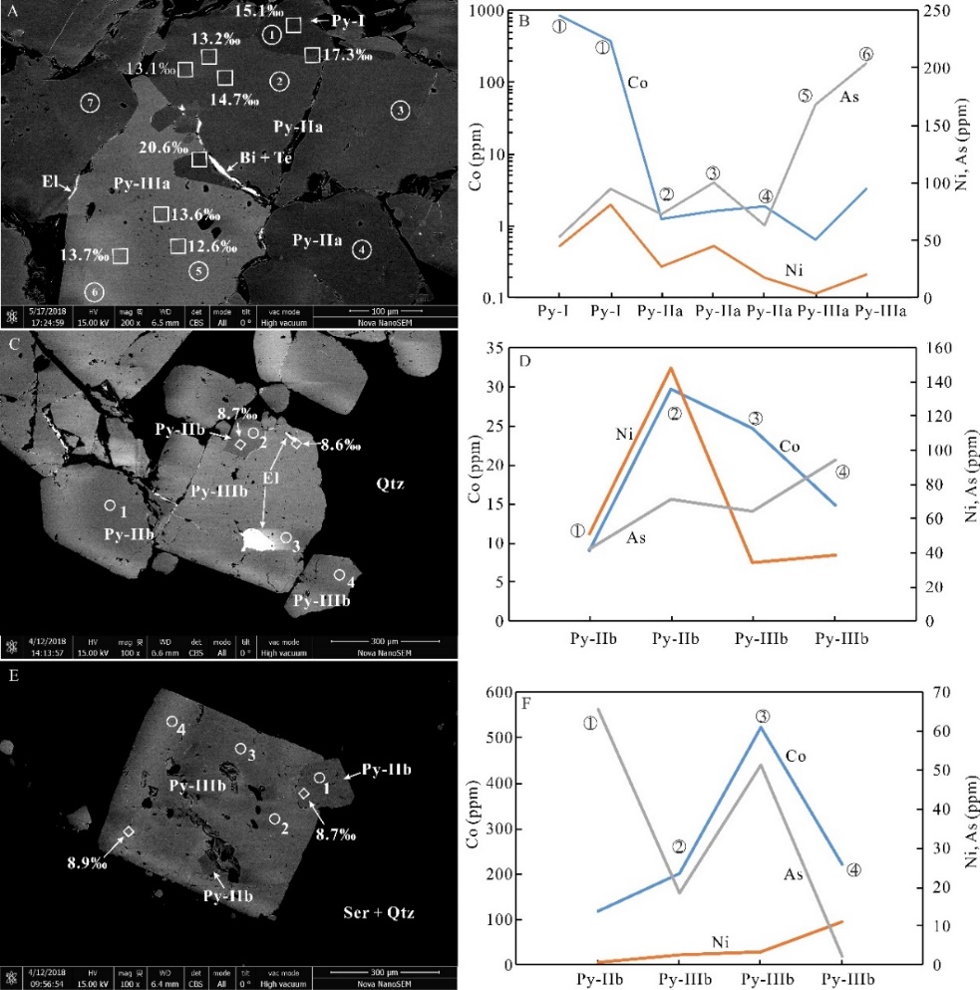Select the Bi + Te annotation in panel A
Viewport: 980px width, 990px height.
(x=263, y=157)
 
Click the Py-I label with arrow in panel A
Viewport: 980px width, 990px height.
(x=333, y=21)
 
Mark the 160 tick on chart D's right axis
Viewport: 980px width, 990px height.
(x=942, y=347)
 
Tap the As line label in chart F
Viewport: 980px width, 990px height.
(x=792, y=873)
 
